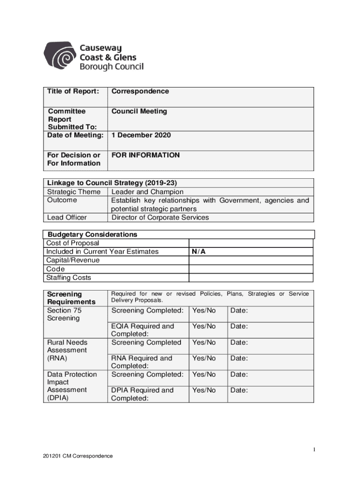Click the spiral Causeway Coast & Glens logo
[x=63, y=57]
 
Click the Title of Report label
[x=73, y=91]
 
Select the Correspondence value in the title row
[x=140, y=91]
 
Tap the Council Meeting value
[x=139, y=111]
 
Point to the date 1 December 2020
[x=141, y=135]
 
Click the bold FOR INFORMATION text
[x=145, y=155]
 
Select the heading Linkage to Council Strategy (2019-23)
[x=112, y=183]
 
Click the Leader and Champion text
[x=147, y=192]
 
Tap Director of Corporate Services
[x=160, y=218]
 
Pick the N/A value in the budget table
[x=199, y=252]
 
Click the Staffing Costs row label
[x=69, y=278]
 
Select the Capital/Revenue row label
[x=73, y=260]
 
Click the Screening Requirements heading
[x=71, y=298]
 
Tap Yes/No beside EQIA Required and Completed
[x=204, y=326]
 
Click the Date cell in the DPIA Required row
[x=238, y=390]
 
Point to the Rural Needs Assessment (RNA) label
[x=67, y=350]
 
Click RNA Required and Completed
[x=142, y=362]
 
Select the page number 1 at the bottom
[x=315, y=450]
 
